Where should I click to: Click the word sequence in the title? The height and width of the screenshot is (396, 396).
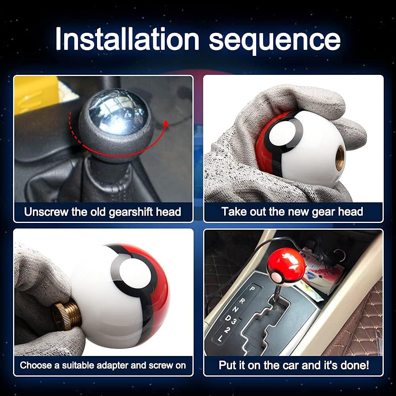point(274,40)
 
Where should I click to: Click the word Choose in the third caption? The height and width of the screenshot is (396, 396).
point(34,365)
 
